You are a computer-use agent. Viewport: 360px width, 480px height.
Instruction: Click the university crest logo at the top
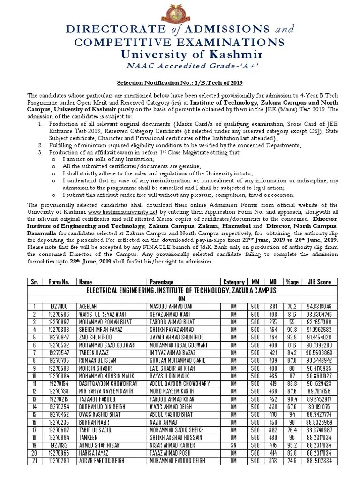click(180, 11)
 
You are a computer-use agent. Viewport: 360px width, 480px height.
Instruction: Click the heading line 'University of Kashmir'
click(180, 54)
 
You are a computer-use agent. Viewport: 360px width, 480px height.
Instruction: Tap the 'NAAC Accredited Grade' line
click(180, 65)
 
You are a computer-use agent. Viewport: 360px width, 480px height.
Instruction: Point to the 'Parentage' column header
click(162, 282)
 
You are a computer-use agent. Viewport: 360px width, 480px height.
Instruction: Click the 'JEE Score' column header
click(319, 282)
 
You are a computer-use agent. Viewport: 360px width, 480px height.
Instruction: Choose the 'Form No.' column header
click(60, 282)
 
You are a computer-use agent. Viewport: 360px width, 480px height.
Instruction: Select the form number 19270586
click(60, 315)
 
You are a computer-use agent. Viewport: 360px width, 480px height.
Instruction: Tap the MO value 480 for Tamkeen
click(273, 437)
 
